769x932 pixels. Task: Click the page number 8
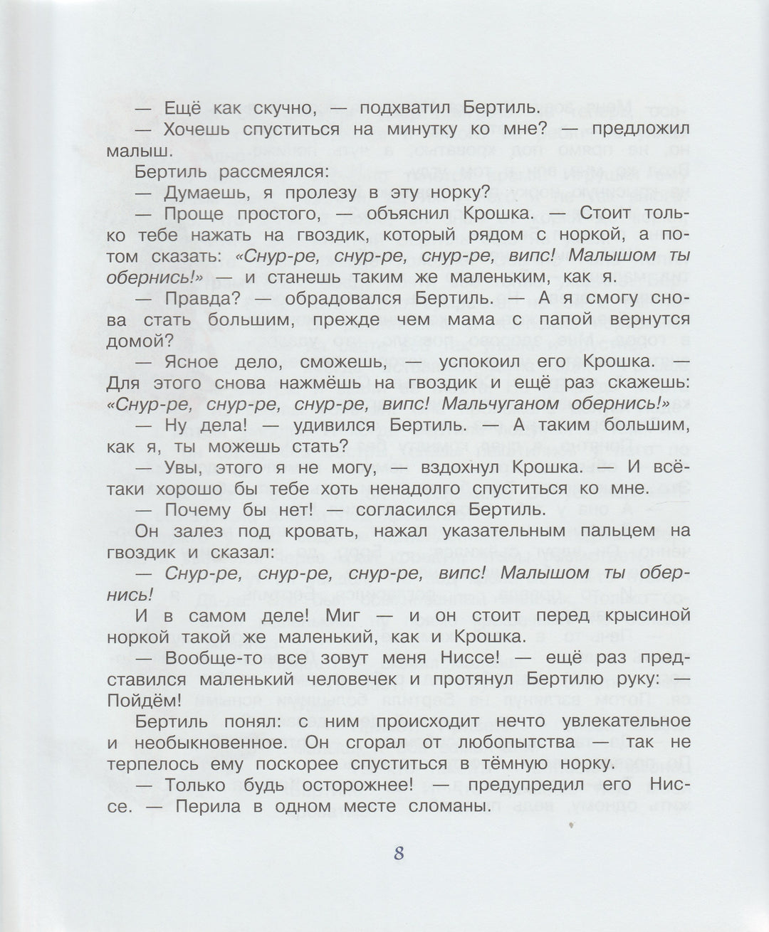399,852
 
